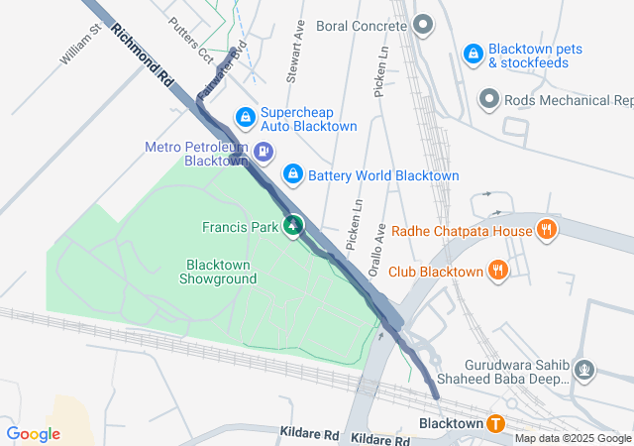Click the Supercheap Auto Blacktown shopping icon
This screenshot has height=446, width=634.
[x=245, y=118]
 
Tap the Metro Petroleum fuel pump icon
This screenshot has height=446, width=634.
[x=264, y=153]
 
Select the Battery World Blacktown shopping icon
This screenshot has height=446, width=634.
[x=292, y=175]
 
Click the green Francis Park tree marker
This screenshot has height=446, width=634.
[x=293, y=227]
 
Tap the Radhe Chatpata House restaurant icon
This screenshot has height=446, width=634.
[x=546, y=231]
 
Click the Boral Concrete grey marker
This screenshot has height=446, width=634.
[x=423, y=25]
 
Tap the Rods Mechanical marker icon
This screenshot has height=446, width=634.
[x=488, y=99]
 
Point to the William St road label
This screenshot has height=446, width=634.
[x=81, y=46]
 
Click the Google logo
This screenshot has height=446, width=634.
[x=33, y=433]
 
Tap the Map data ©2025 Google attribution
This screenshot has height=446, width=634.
[x=573, y=439]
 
